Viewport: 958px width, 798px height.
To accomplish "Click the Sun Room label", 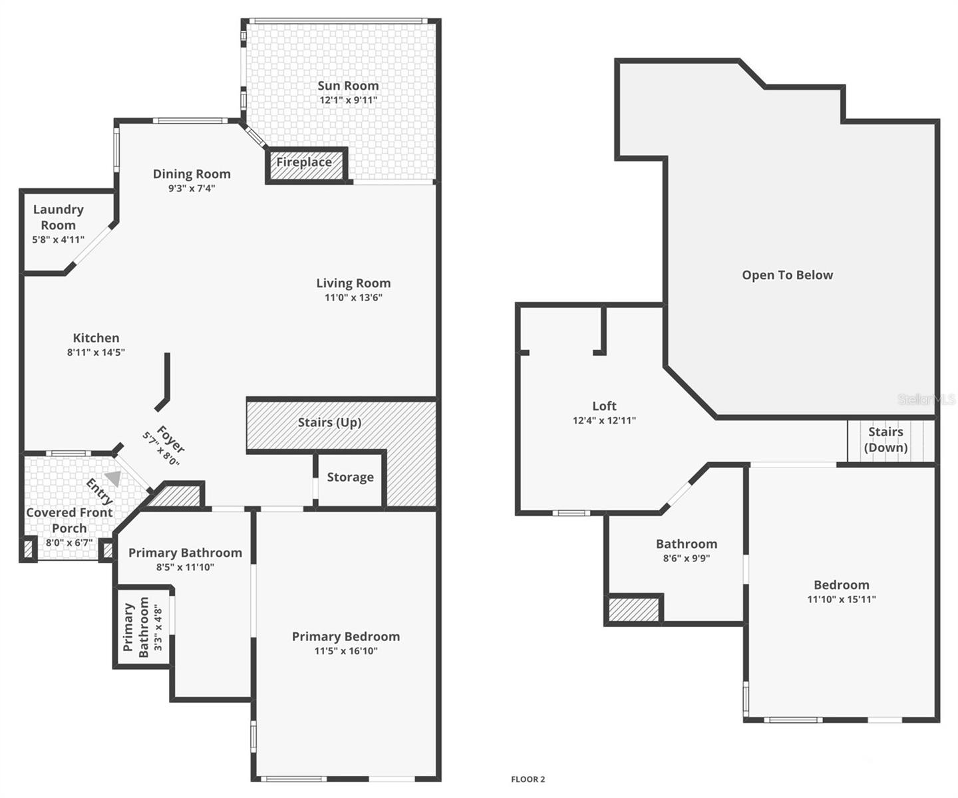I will click(x=348, y=86).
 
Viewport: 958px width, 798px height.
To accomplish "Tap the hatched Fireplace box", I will click(x=307, y=164).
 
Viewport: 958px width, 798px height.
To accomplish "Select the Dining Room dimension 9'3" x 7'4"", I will click(x=192, y=188).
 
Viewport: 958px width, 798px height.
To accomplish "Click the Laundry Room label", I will click(x=59, y=217).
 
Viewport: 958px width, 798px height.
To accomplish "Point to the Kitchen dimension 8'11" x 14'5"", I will click(x=96, y=352).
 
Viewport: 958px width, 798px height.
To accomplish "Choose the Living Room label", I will click(x=353, y=283).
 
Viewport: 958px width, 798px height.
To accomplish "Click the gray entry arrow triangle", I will click(x=114, y=478).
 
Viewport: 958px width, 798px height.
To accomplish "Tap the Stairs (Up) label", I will click(x=329, y=422).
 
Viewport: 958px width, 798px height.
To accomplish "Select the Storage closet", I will click(x=350, y=477).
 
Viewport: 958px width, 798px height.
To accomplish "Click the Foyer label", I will click(x=170, y=439).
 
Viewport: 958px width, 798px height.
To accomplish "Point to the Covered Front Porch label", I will click(x=69, y=520).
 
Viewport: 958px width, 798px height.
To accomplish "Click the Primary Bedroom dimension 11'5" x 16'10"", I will click(x=346, y=651).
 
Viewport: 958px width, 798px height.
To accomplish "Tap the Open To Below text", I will click(x=787, y=275).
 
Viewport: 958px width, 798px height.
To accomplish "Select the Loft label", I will click(x=604, y=406).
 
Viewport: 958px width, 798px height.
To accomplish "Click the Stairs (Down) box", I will click(x=886, y=440).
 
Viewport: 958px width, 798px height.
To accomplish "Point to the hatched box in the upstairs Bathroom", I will click(x=634, y=610).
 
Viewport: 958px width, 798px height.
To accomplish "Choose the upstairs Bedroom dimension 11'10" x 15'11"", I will click(x=842, y=599).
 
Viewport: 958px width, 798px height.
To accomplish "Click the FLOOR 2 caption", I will click(x=528, y=779).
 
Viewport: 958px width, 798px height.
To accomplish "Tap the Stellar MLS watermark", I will click(x=926, y=399).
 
